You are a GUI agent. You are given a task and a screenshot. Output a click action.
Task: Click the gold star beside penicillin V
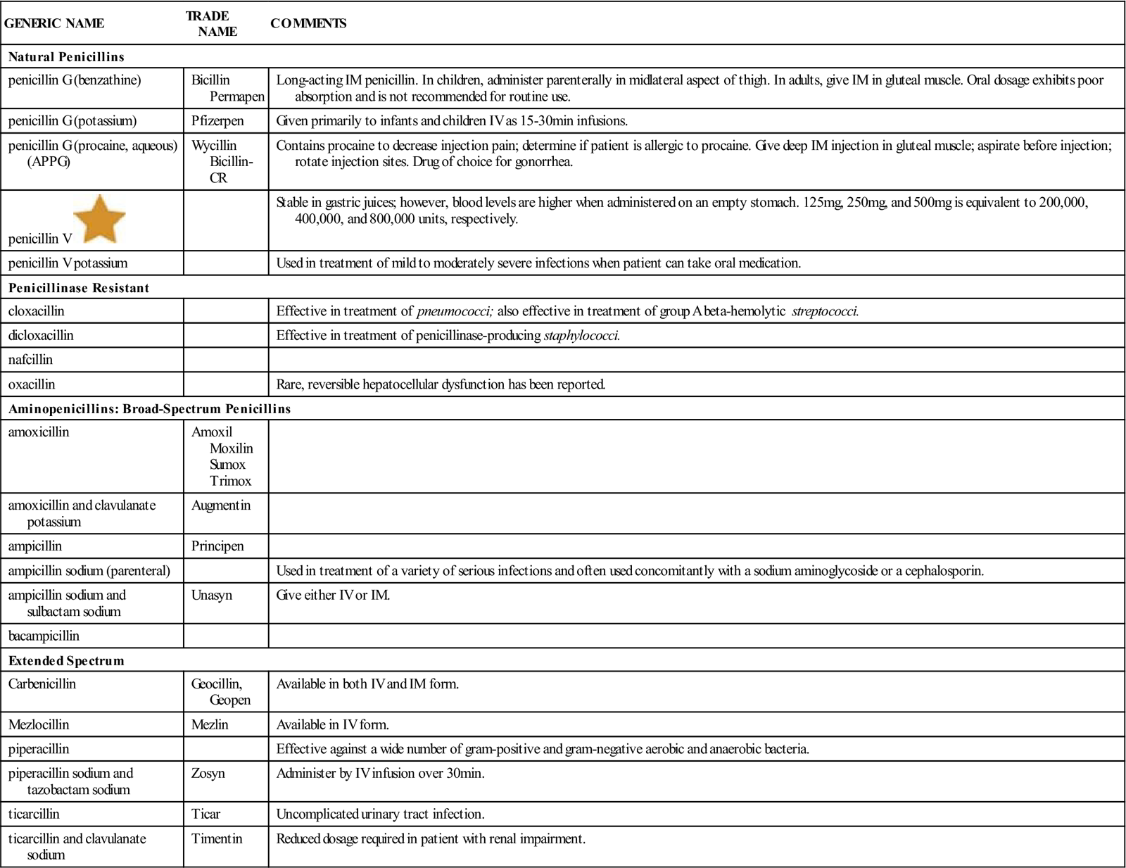(x=99, y=219)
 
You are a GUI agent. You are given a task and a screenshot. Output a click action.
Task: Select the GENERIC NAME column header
(x=54, y=23)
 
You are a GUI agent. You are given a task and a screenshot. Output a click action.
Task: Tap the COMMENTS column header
(x=308, y=23)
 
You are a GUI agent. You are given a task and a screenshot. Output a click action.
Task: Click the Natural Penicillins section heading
(x=66, y=56)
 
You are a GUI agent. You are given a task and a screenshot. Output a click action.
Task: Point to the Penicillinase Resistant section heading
(x=79, y=288)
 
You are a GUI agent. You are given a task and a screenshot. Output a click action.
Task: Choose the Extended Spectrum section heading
(x=66, y=660)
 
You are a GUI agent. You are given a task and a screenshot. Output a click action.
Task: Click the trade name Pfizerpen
(x=217, y=120)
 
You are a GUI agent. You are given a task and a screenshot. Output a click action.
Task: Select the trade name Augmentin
(x=221, y=505)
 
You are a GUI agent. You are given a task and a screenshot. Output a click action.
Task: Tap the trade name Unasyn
(x=211, y=595)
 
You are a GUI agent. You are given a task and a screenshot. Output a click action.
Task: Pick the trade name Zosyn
(x=208, y=773)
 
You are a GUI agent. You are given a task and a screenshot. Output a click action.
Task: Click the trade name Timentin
(x=217, y=838)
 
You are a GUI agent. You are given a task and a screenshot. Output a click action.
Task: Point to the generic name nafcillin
(x=30, y=360)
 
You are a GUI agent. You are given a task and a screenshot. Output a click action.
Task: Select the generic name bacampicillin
(x=44, y=636)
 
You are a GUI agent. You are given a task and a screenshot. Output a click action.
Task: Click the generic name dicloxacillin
(x=41, y=335)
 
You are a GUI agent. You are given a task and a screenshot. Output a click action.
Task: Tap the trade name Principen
(x=217, y=546)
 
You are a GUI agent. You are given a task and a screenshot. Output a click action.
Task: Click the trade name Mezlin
(x=210, y=724)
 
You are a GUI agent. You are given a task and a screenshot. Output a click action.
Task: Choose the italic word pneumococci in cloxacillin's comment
(x=453, y=311)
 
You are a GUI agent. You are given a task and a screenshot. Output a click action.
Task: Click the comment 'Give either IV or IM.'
(x=333, y=595)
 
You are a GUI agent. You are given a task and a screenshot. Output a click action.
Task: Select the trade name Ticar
(x=205, y=814)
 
